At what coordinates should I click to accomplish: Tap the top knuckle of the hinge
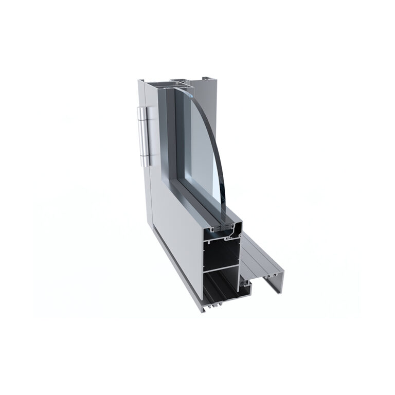click(x=145, y=116)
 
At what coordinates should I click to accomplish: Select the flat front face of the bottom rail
click(x=180, y=231)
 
